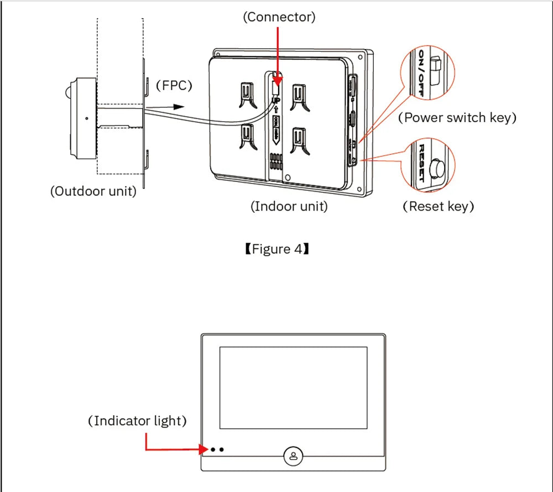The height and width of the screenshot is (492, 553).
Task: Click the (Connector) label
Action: [x=279, y=17]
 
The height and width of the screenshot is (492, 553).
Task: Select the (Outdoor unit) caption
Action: [x=93, y=192]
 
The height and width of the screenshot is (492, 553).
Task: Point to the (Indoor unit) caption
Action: [x=289, y=206]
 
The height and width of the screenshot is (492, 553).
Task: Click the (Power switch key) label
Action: [x=457, y=117]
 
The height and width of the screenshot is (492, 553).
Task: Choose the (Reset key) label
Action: [x=438, y=206]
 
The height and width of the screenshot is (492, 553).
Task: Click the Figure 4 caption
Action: [x=276, y=249]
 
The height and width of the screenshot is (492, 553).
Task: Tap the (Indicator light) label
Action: [x=137, y=421]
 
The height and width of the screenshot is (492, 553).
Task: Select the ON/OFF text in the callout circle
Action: [x=421, y=73]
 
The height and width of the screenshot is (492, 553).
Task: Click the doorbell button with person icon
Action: [x=293, y=456]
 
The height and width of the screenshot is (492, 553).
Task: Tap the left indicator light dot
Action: [x=212, y=449]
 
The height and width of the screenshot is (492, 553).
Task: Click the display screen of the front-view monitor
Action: [x=293, y=388]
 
